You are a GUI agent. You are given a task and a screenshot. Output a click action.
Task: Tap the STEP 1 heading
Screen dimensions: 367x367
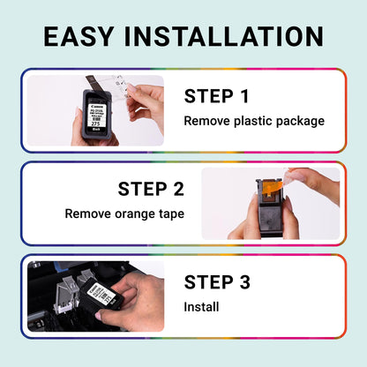[x=217, y=95]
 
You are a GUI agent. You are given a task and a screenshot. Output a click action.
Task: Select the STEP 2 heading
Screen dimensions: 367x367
[x=151, y=189]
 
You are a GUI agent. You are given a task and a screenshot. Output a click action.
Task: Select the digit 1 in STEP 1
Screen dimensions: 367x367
[x=244, y=95]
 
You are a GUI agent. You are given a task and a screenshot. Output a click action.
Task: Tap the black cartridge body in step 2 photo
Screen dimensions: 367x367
[x=265, y=216]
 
